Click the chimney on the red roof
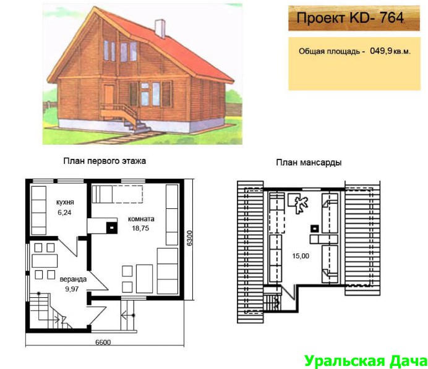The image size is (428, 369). [x=160, y=28]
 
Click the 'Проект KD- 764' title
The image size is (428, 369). [x=350, y=18]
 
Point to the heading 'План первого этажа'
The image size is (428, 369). [x=105, y=161]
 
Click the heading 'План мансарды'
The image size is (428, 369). [x=309, y=163]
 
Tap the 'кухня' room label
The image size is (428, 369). [x=65, y=202]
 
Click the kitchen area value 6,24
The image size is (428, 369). [x=64, y=213]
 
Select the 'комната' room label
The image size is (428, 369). [x=141, y=219]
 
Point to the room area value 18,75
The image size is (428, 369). [x=140, y=228]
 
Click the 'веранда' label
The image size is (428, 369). [x=73, y=279]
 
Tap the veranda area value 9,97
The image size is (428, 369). [x=72, y=289]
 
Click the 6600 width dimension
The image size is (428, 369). [x=103, y=342]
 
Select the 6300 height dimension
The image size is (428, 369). [x=189, y=238]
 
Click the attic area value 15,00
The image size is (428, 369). [x=301, y=256]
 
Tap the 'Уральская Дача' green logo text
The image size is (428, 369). [x=366, y=361]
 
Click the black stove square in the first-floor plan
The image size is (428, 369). [x=112, y=227]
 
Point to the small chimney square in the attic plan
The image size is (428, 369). [x=315, y=228]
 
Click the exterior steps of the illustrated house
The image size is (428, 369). [x=137, y=127]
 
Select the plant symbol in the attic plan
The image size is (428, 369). [x=301, y=203]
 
